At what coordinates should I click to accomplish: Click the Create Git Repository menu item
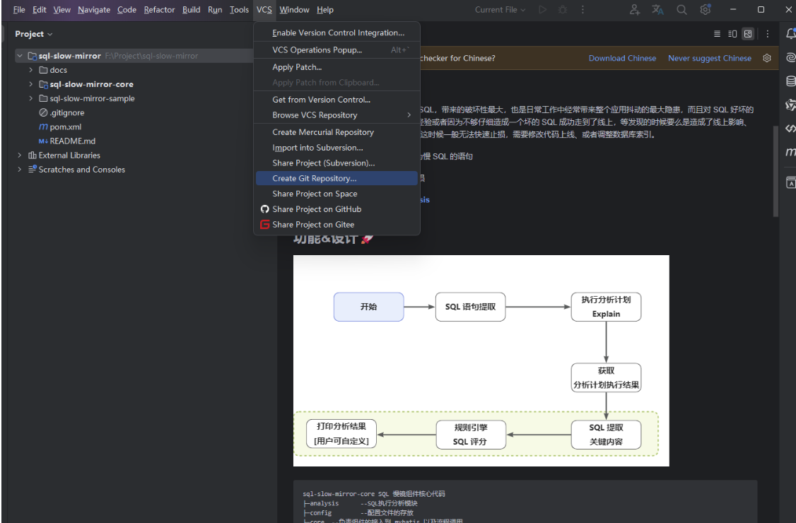coord(314,178)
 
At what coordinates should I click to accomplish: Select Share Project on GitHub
coord(316,209)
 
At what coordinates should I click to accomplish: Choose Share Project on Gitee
coord(312,225)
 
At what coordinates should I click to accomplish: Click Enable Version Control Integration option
coord(338,33)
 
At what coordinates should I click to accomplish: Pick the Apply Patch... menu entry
coord(296,67)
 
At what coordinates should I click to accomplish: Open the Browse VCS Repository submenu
coord(315,115)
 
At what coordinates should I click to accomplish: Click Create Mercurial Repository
coord(322,132)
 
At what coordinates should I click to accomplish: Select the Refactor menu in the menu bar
coord(159,10)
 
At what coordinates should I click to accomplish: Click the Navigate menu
coord(94,10)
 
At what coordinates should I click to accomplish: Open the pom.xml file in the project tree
coord(65,127)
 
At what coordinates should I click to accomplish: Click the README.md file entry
coord(72,141)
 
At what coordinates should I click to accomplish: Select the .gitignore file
coord(66,112)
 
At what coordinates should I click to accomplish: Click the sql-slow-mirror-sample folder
coord(92,98)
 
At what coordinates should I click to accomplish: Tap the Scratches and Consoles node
coord(81,170)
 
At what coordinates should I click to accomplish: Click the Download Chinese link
coord(622,58)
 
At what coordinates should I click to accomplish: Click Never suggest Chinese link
coord(709,58)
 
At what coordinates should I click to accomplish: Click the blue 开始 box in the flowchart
coord(368,307)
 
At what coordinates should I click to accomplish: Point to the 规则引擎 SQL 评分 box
coord(470,435)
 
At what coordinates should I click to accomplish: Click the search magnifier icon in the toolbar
coord(681,10)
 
